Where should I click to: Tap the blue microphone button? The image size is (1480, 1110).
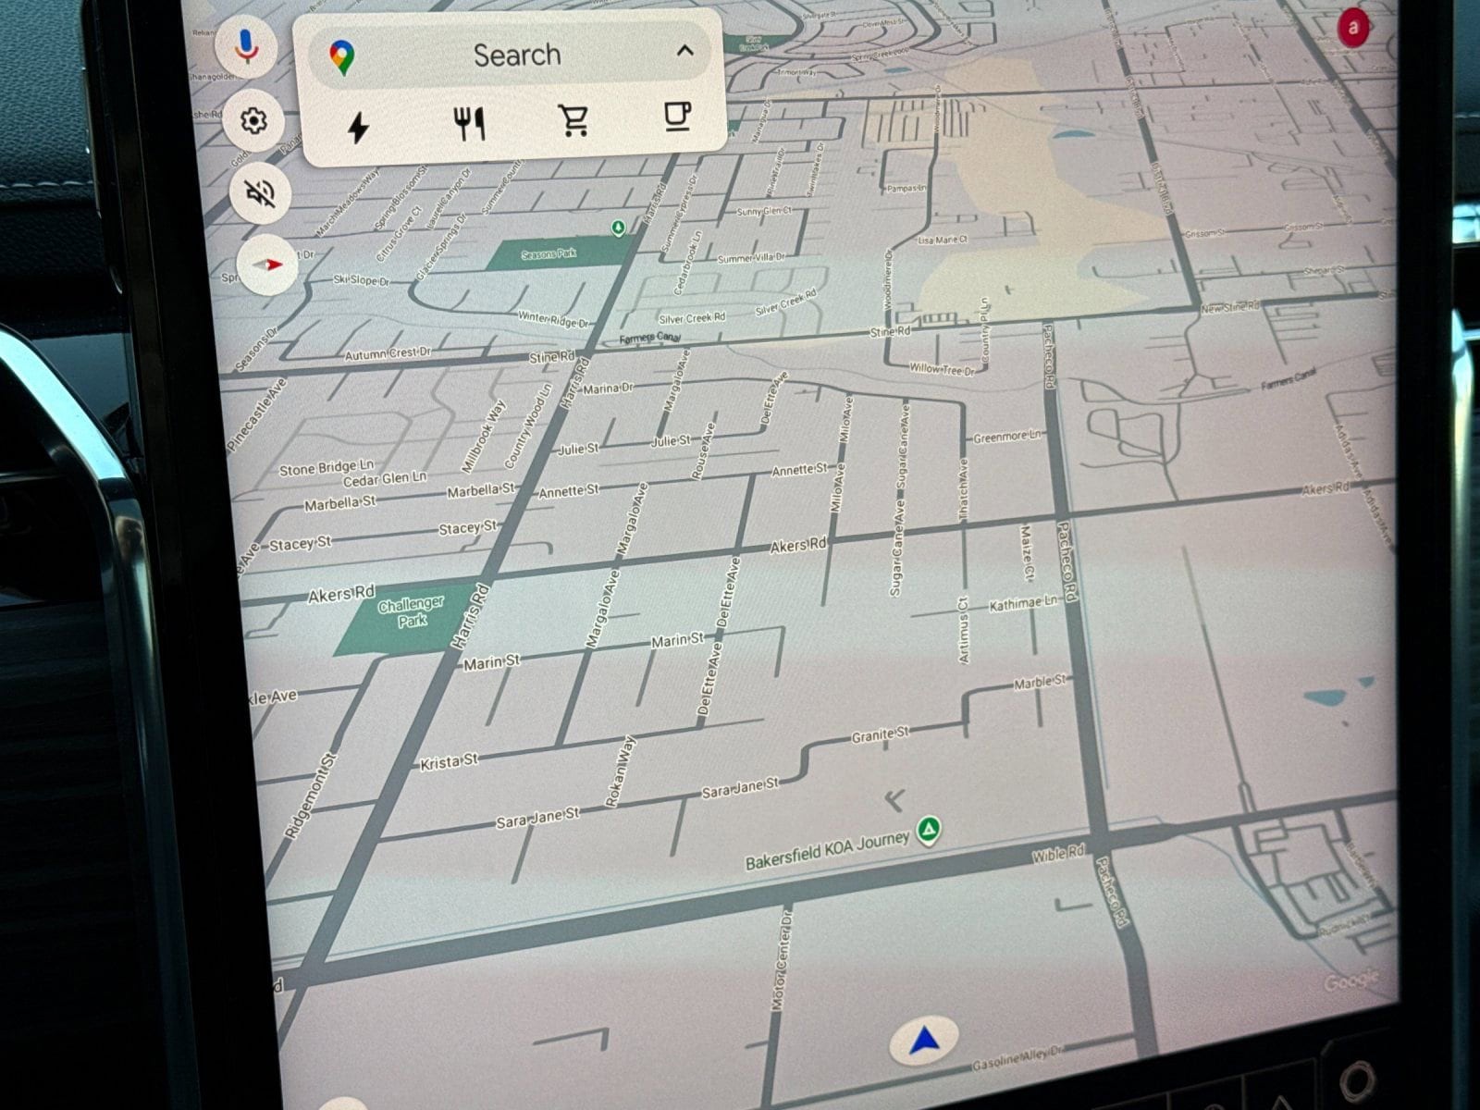[x=246, y=45]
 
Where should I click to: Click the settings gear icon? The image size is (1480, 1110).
[x=253, y=120]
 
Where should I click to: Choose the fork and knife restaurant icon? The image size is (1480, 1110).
[x=470, y=123]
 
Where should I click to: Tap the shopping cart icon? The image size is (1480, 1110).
[x=574, y=120]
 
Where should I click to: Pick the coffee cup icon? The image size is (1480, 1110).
[x=678, y=117]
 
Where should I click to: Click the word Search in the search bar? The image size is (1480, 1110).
[x=517, y=55]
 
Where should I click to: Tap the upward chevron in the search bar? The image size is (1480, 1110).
[x=685, y=50]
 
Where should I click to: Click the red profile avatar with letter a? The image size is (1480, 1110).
[x=1353, y=27]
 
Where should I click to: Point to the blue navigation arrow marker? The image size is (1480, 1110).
[x=924, y=1042]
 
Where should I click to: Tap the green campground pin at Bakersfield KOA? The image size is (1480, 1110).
[x=929, y=829]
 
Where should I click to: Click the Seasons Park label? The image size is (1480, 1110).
[x=549, y=253]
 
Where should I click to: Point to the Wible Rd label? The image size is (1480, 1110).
[x=1058, y=855]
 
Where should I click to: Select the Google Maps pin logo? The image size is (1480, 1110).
[x=342, y=57]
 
